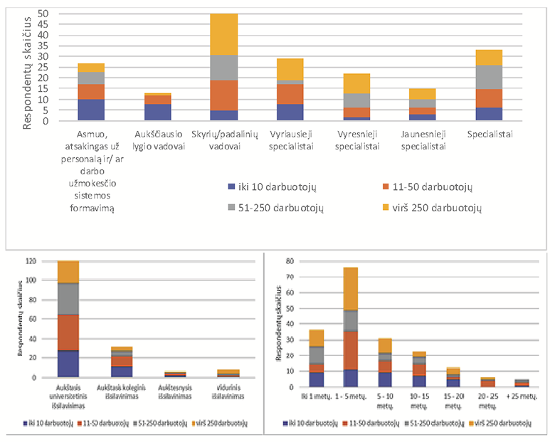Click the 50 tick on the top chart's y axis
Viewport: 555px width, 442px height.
tap(43, 14)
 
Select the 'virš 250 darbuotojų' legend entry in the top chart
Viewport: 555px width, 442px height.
tap(434, 207)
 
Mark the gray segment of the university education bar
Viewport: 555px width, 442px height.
tap(78, 299)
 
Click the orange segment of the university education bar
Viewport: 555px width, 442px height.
tap(78, 332)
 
